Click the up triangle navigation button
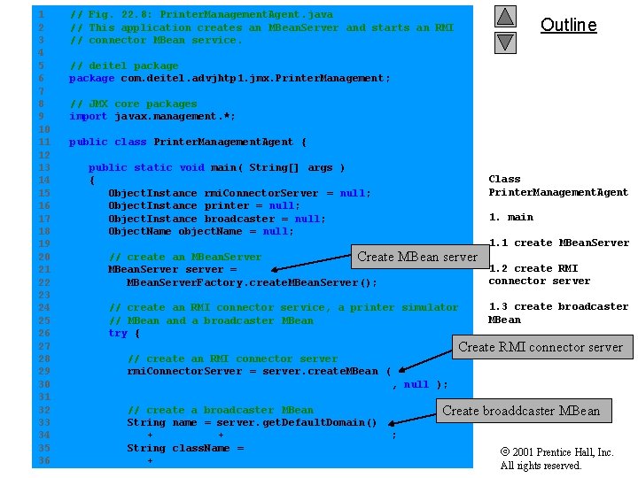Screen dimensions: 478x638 (x=505, y=16)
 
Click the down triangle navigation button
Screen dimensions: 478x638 (x=505, y=42)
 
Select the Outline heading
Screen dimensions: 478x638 (x=568, y=25)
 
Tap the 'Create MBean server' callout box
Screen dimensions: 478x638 (x=417, y=257)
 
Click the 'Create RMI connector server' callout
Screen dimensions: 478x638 (x=541, y=347)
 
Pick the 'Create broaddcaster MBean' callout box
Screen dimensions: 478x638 (x=521, y=410)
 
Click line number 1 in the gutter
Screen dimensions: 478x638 (x=41, y=15)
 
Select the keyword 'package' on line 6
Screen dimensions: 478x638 (x=91, y=78)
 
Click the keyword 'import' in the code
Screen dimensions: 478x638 (x=88, y=116)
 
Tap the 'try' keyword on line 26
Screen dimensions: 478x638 (x=117, y=333)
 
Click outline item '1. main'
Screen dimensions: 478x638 (x=510, y=217)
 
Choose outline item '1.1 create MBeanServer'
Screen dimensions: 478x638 (x=558, y=243)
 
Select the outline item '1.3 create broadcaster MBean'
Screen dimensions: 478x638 (x=557, y=312)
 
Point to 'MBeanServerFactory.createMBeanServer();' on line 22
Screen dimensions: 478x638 (x=252, y=282)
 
